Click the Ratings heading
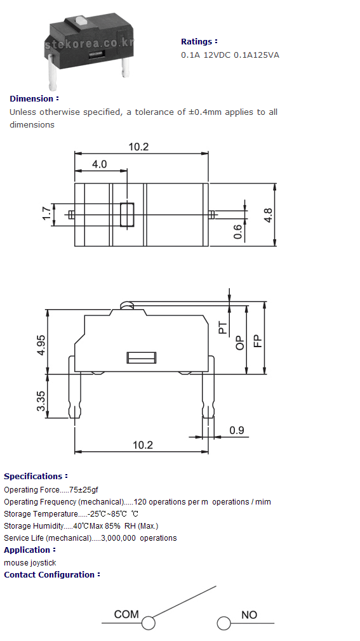pos(199,42)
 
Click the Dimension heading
pos(34,99)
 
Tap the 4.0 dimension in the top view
pos(99,164)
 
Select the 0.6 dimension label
pos(237,232)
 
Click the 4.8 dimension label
pos(268,215)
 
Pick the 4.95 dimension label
pos(41,345)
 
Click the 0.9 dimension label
pos(236,430)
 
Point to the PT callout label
pos(223,327)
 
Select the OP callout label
pos(240,343)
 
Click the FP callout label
pos(258,341)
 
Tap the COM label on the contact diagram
pos(126,614)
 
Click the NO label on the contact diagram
pos(249,614)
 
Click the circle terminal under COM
pos(149,623)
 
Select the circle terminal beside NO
pos(223,623)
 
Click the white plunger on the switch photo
pos(81,20)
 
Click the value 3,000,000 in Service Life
pos(118,538)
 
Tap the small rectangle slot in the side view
pos(142,358)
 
